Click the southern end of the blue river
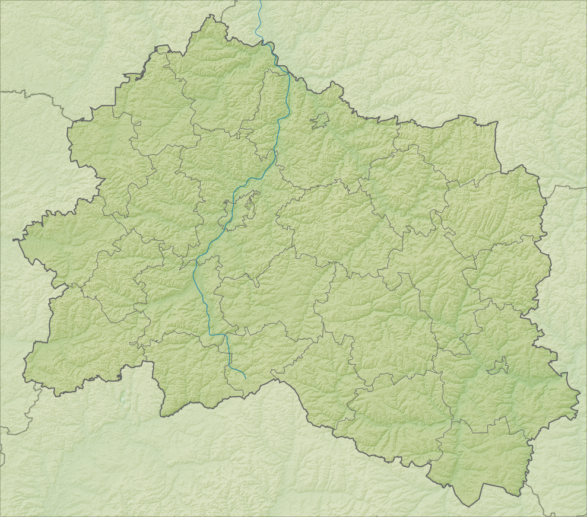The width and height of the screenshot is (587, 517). [246, 378]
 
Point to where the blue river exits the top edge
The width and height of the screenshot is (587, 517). [260, 1]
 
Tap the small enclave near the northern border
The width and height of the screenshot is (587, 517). [319, 120]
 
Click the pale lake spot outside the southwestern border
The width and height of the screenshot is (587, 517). [123, 398]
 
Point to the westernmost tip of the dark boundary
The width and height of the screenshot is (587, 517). [14, 240]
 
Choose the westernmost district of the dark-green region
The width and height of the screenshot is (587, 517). [59, 249]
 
